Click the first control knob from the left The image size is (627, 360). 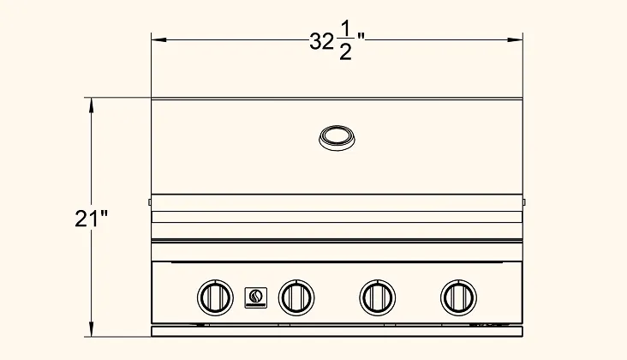click(x=215, y=297)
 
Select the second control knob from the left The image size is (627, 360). click(x=296, y=297)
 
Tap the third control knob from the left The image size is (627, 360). click(x=378, y=297)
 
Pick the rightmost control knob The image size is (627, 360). click(x=458, y=297)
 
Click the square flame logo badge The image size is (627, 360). click(x=256, y=297)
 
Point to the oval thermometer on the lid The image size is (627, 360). click(x=337, y=138)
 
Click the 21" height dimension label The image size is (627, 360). click(x=92, y=219)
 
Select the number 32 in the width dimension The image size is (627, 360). click(x=321, y=41)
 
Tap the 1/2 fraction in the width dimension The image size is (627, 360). click(x=345, y=41)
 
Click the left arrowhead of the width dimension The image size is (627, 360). click(x=158, y=39)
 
